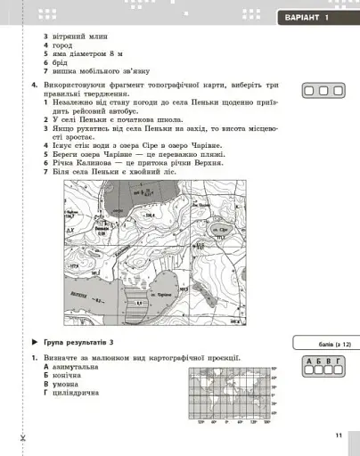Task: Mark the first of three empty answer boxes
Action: tap(309, 91)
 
